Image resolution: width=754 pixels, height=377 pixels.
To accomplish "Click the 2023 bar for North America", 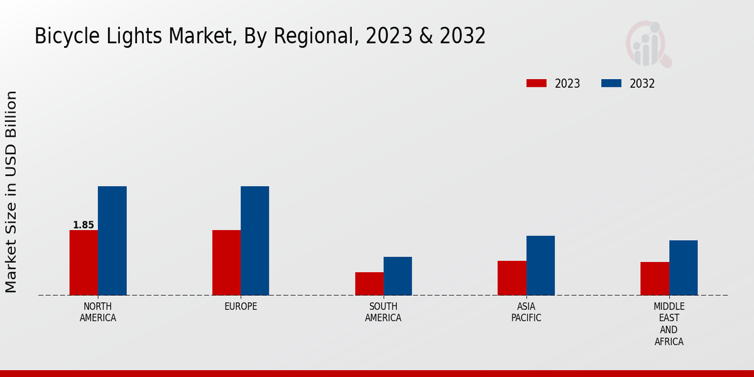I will [x=84, y=263].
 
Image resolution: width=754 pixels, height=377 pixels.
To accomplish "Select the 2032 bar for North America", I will [x=112, y=241].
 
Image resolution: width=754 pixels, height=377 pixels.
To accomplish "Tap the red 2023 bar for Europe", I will [x=226, y=263].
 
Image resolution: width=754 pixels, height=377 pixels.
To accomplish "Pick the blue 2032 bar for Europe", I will [x=254, y=241].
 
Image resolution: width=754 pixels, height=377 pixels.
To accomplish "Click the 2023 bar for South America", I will [x=369, y=283].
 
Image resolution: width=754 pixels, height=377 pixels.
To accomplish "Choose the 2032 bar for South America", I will [x=398, y=276].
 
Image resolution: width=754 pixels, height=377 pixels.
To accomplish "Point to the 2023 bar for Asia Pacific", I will [x=511, y=278].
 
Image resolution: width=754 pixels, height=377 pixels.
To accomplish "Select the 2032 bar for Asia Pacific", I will [x=540, y=265].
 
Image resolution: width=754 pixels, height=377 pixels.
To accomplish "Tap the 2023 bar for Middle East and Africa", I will [x=655, y=278].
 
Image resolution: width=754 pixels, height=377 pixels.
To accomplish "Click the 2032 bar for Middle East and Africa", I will [x=683, y=268].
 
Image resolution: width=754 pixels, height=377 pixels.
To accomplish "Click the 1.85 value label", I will [x=84, y=225].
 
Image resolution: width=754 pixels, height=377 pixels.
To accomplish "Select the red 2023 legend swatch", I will [x=537, y=84].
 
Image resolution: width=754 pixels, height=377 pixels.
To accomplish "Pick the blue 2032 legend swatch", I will [x=611, y=84].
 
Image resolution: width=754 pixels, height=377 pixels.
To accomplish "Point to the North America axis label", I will [x=98, y=312].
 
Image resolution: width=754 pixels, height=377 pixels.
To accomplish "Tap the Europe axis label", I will [x=241, y=307].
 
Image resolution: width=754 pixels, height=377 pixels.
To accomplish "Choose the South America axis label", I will [x=383, y=312].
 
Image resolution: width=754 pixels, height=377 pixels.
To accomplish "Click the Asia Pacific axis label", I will [x=526, y=312].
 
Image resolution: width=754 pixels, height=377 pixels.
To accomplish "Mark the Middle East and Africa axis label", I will [x=669, y=324].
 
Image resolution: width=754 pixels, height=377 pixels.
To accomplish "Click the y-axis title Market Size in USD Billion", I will [x=11, y=192].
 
